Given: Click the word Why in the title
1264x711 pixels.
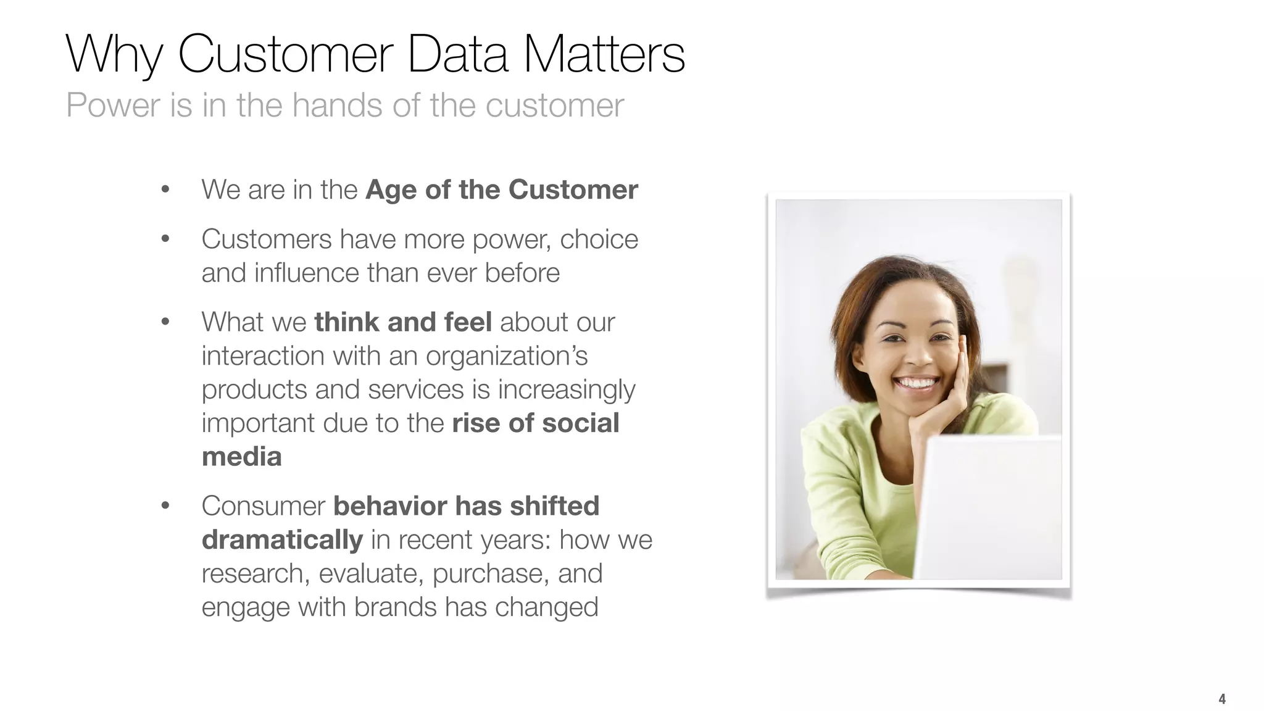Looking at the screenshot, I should tap(114, 54).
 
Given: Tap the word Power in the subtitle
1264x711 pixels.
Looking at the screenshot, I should tap(113, 105).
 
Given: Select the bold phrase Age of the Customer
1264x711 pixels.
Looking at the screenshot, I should tap(501, 189).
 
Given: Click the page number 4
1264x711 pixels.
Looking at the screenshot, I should tap(1221, 699).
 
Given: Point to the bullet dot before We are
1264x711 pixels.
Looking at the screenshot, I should tap(165, 190).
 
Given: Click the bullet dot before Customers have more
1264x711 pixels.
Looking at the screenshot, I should tap(165, 239).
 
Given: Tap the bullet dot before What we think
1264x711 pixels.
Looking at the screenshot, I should tap(165, 322).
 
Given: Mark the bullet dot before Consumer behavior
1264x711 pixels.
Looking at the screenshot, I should tap(165, 506).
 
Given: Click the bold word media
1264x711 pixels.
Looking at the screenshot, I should tap(241, 457).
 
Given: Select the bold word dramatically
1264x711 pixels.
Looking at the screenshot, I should tap(282, 540).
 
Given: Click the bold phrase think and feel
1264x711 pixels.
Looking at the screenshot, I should tap(402, 322).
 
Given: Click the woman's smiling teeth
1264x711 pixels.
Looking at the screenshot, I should tap(917, 383).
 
